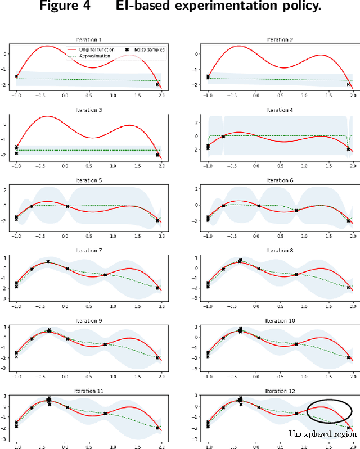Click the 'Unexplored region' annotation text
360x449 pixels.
click(x=323, y=433)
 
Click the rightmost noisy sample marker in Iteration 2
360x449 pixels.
click(x=348, y=84)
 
